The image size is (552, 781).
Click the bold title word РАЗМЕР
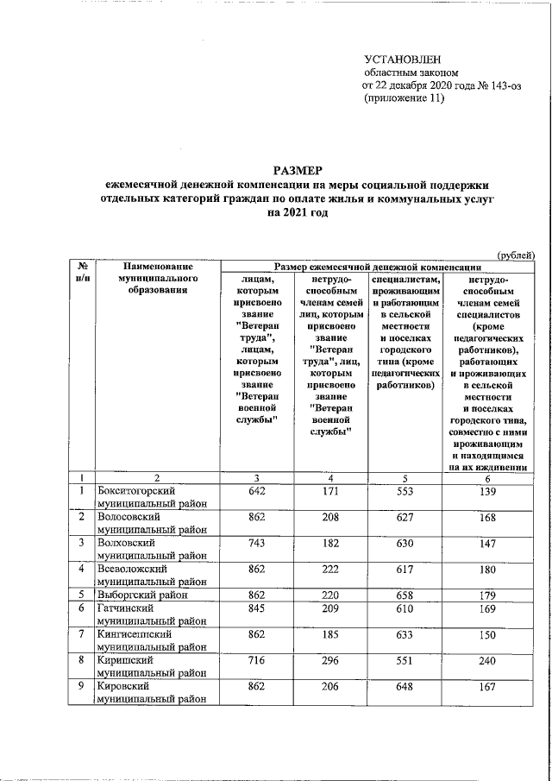[298, 171]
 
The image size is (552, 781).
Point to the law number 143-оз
[503, 86]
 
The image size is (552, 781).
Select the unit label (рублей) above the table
[515, 254]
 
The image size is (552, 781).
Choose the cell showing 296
[331, 658]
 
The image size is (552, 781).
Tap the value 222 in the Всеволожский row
[331, 569]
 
